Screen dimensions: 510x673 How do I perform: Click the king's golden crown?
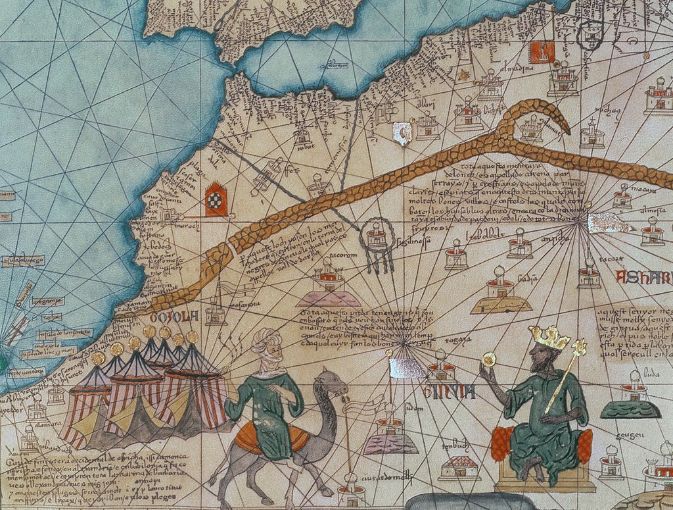pos(549,338)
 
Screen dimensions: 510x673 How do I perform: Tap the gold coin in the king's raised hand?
pos(489,359)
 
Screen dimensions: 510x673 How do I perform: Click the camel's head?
pos(333,383)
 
